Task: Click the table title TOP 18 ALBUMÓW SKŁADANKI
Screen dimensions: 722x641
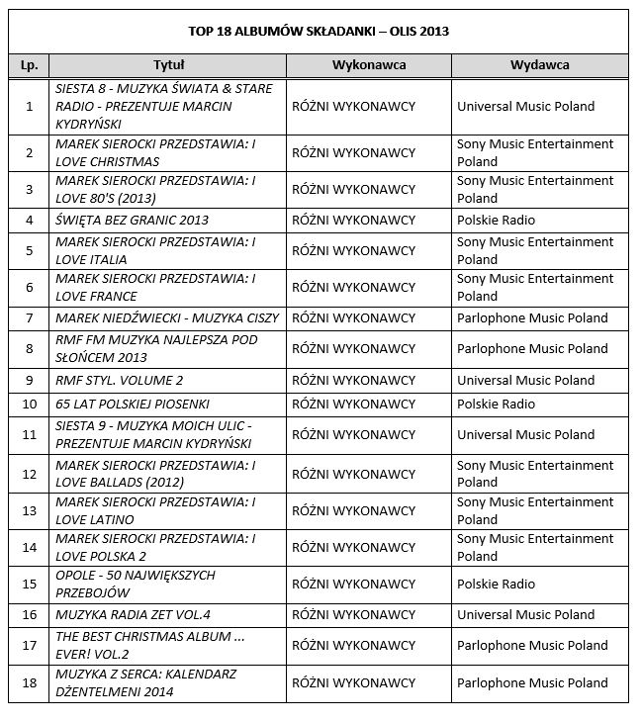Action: [319, 31]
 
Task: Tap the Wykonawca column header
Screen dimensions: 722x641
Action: [368, 64]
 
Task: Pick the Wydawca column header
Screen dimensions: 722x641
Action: [539, 64]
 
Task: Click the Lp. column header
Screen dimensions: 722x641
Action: [29, 64]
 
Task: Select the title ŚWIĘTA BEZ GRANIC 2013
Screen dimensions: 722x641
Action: [132, 220]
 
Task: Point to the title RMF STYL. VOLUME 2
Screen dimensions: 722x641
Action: [120, 380]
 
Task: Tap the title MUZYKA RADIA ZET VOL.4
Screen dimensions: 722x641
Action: [133, 613]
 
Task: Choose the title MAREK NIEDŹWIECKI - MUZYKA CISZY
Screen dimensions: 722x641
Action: [167, 318]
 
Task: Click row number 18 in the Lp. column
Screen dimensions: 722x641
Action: [29, 682]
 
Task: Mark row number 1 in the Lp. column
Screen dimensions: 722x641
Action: [29, 106]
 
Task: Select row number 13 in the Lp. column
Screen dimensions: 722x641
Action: [29, 510]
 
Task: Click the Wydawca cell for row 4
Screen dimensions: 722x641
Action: [496, 220]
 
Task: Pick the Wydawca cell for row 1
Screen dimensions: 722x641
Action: [525, 106]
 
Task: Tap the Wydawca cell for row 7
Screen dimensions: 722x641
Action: [532, 318]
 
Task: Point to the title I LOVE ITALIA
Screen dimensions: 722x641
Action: [155, 250]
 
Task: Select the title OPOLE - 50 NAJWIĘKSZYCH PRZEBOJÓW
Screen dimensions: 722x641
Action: [136, 584]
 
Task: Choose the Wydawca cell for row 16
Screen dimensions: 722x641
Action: [525, 613]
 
